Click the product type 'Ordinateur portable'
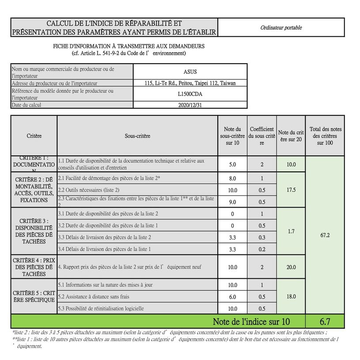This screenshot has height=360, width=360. click(281, 27)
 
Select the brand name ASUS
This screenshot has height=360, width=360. click(190, 72)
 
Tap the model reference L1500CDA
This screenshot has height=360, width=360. click(190, 94)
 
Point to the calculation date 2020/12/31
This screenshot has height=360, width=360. click(190, 105)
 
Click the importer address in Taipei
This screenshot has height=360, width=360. click(190, 83)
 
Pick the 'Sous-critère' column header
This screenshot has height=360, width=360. click(137, 136)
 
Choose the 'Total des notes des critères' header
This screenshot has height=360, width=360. click(326, 136)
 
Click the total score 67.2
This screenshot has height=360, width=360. click(325, 235)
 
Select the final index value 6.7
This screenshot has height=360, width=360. click(326, 321)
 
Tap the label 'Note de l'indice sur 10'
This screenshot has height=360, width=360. click(252, 321)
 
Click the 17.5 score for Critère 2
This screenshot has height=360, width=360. click(291, 189)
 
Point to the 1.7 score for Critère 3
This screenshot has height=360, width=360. click(291, 231)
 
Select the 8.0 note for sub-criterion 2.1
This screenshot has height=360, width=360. click(232, 178)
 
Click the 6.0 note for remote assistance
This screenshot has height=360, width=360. click(232, 297)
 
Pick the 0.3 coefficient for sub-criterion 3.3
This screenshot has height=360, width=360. click(262, 238)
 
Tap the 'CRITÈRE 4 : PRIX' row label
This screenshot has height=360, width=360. click(34, 267)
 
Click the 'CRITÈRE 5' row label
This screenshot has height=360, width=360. click(34, 297)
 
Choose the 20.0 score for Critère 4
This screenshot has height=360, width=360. click(291, 267)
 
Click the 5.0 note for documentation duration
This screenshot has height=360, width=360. click(232, 164)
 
